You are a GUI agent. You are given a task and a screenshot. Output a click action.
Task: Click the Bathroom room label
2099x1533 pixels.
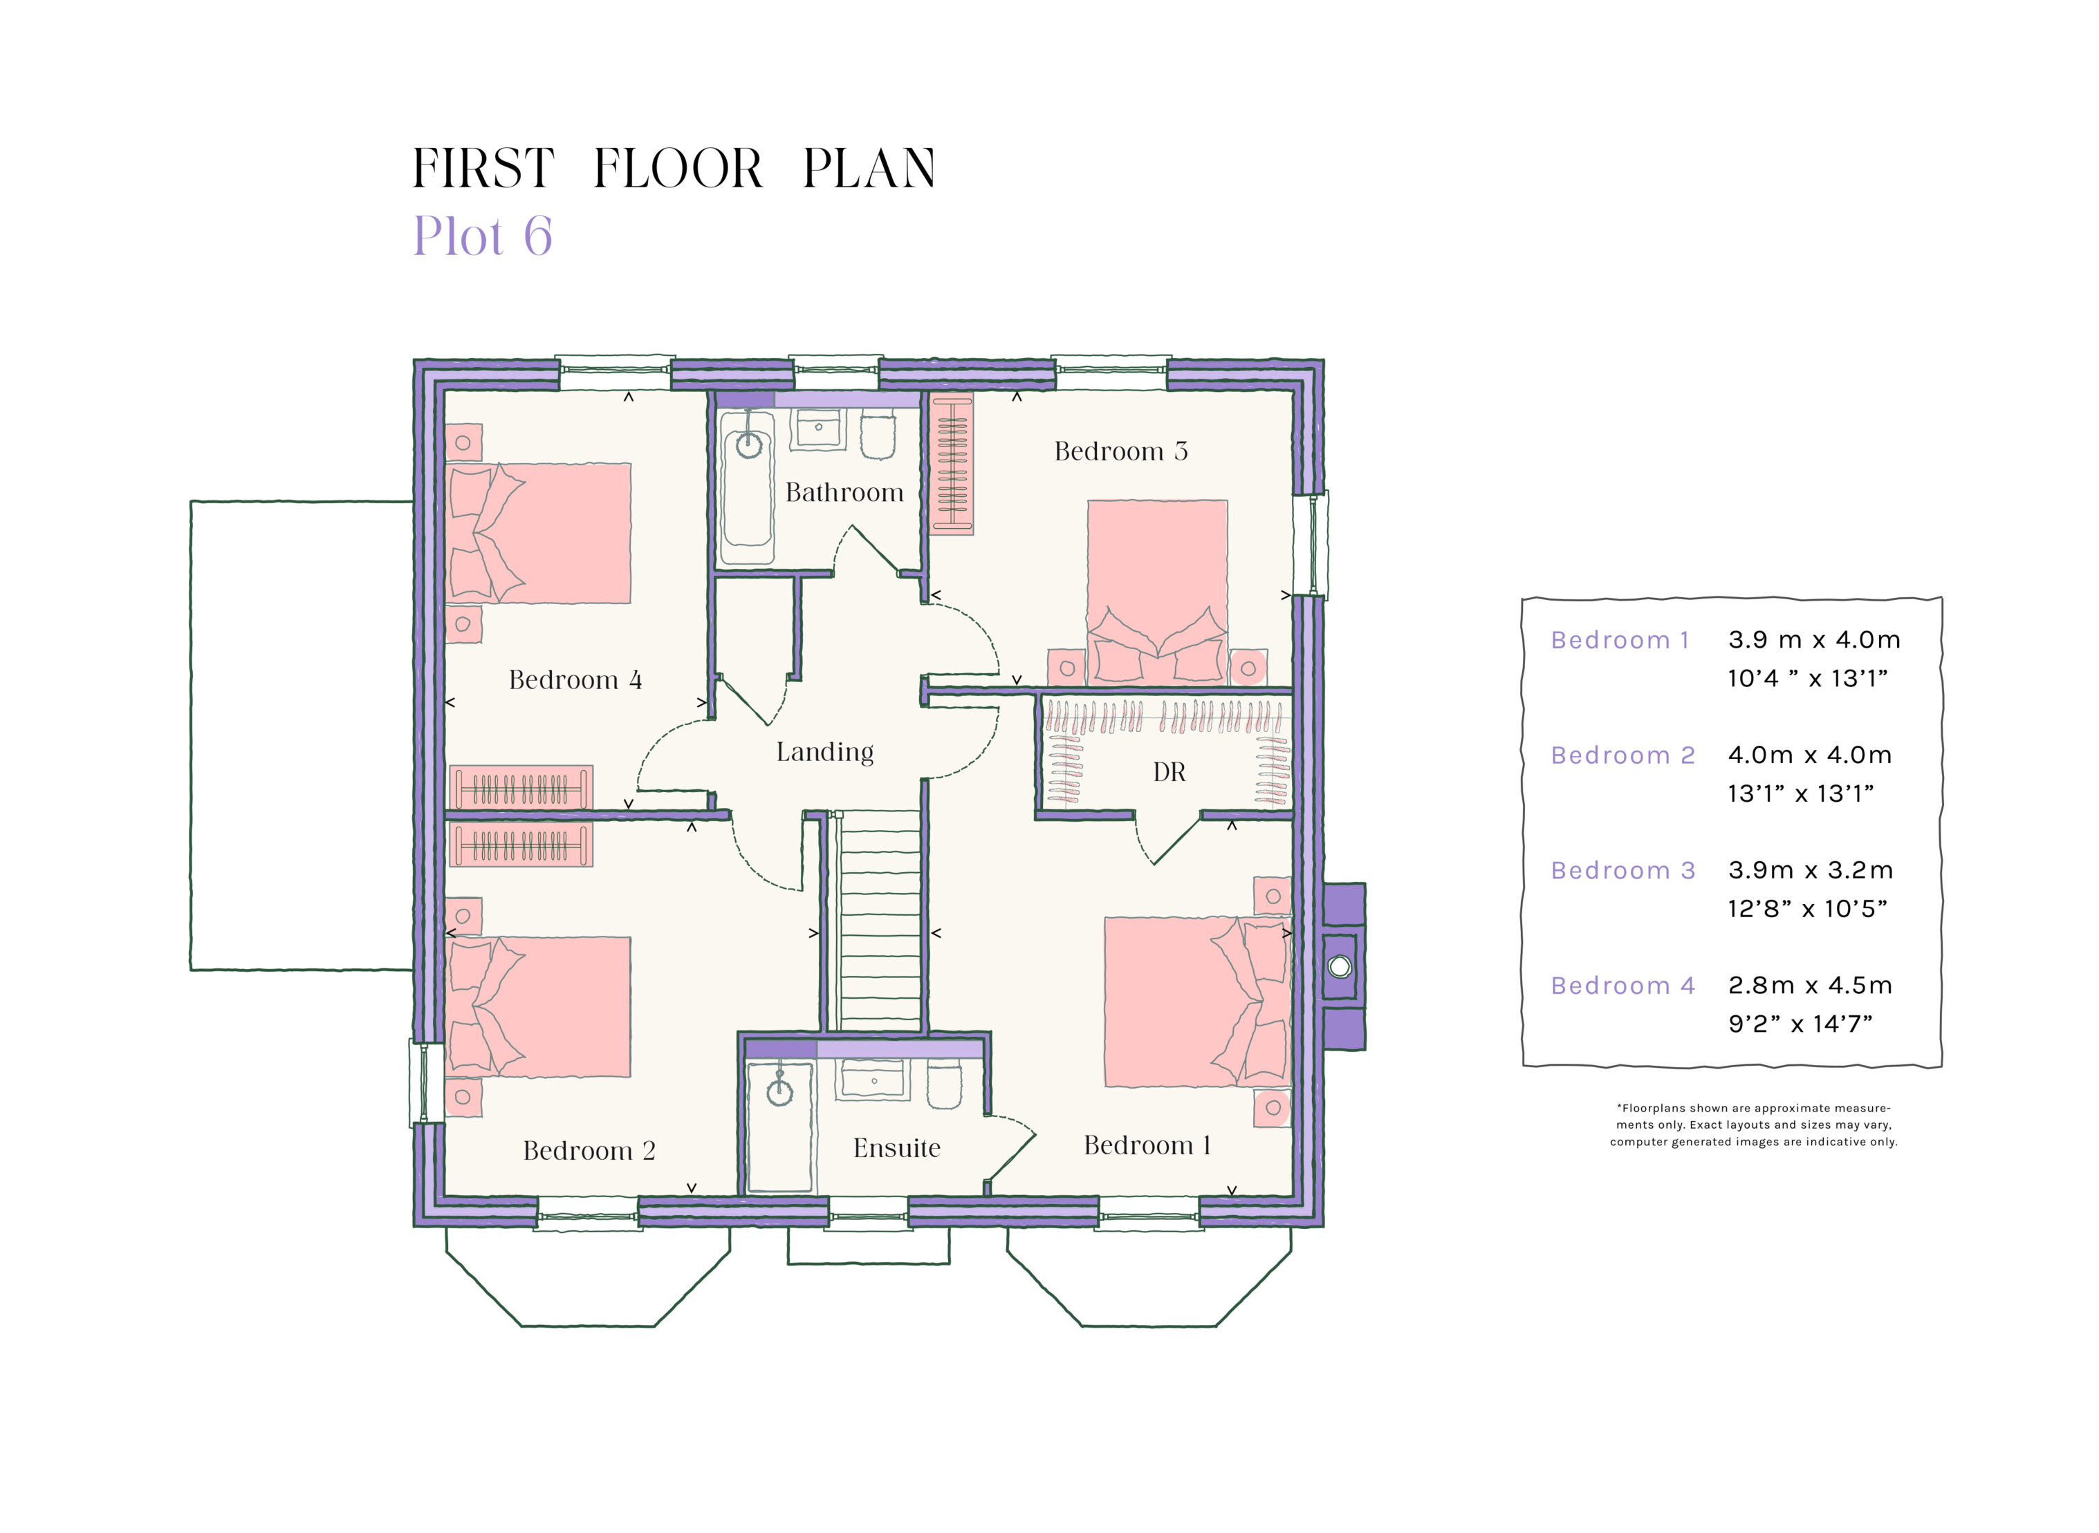pyautogui.click(x=843, y=493)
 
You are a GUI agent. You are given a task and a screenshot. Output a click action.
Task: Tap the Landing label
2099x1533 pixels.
pyautogui.click(x=824, y=752)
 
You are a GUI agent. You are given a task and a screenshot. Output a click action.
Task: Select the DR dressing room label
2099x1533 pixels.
pyautogui.click(x=1169, y=772)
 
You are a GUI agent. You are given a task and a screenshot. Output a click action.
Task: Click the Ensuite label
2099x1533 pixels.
pyautogui.click(x=896, y=1149)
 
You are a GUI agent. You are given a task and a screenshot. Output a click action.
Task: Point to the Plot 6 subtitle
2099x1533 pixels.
pyautogui.click(x=482, y=236)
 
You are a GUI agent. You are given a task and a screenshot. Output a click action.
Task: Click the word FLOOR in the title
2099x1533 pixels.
pyautogui.click(x=678, y=169)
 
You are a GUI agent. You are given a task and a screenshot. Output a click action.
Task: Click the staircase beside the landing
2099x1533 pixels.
pyautogui.click(x=879, y=919)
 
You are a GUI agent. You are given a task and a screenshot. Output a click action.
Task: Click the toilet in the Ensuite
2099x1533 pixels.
pyautogui.click(x=944, y=1087)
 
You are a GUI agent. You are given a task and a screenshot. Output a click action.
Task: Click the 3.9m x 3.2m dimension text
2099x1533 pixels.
pyautogui.click(x=1809, y=870)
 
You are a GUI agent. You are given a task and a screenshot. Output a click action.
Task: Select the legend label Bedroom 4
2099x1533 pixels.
pyautogui.click(x=1622, y=986)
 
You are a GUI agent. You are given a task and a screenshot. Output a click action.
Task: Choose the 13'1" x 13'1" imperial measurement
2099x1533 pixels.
pyautogui.click(x=1800, y=793)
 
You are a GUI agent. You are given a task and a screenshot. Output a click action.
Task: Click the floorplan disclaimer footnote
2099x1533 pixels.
pyautogui.click(x=1753, y=1125)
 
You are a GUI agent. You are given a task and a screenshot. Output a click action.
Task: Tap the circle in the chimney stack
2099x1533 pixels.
pyautogui.click(x=1339, y=967)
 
